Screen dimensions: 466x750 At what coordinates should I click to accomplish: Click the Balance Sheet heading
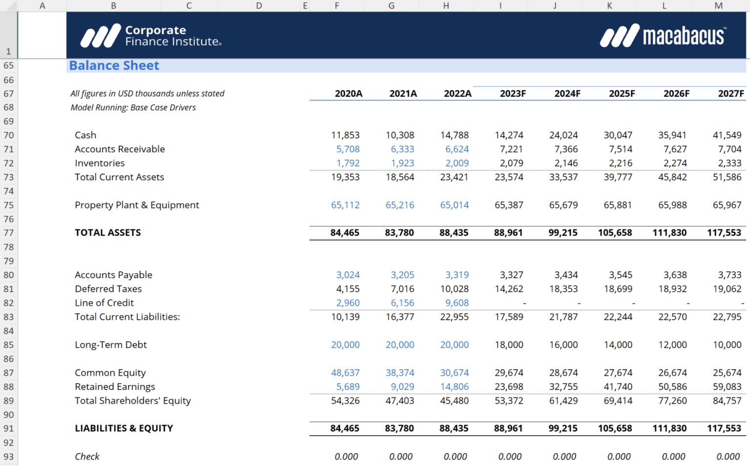click(114, 65)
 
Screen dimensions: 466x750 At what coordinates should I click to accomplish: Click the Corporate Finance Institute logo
click(151, 36)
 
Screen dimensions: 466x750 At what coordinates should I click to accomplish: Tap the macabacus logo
click(663, 36)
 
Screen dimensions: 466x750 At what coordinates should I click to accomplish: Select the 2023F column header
click(512, 94)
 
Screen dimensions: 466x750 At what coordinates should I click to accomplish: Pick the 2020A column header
click(348, 94)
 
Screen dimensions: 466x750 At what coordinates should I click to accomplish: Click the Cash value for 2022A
click(454, 135)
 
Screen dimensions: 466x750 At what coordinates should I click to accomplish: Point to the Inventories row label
click(100, 163)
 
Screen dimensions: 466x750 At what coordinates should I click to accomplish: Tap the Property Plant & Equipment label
click(137, 205)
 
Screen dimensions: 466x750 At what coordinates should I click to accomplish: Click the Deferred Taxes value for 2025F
click(618, 289)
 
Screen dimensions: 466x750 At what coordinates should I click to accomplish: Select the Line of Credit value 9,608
click(457, 303)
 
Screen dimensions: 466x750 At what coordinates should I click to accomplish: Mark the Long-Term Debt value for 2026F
click(672, 345)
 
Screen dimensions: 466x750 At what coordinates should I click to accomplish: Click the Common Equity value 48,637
click(345, 373)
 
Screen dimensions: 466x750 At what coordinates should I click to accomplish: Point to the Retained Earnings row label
click(115, 387)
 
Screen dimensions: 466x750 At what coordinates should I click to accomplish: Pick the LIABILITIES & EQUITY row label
click(124, 428)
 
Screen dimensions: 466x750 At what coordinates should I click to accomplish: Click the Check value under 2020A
click(346, 457)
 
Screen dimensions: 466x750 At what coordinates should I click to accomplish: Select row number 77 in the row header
click(9, 233)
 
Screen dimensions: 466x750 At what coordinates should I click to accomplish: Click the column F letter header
click(337, 6)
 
